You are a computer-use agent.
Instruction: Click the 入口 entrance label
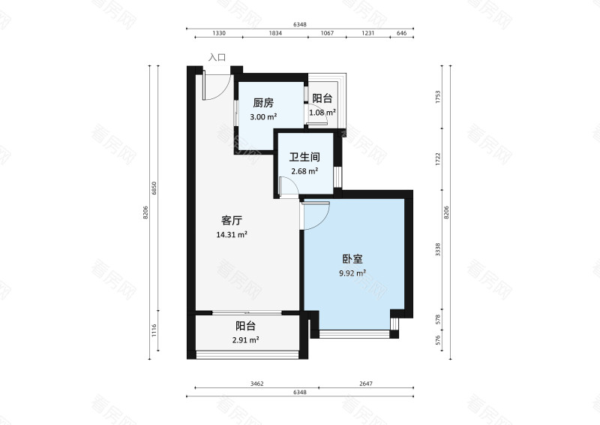(217, 57)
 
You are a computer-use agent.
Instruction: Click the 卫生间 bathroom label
(305, 158)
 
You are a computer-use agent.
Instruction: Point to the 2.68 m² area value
(304, 171)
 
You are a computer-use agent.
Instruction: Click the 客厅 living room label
(231, 221)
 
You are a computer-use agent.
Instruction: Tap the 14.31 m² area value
(231, 234)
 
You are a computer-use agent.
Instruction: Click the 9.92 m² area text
(351, 273)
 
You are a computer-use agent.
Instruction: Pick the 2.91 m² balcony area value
(245, 340)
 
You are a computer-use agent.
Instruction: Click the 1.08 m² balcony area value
(322, 113)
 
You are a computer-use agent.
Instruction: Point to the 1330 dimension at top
(219, 34)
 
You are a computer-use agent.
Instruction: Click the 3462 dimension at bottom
(256, 384)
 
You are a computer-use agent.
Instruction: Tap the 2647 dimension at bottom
(365, 384)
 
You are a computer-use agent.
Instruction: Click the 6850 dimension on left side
(154, 188)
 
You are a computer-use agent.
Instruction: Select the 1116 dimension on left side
(154, 330)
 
